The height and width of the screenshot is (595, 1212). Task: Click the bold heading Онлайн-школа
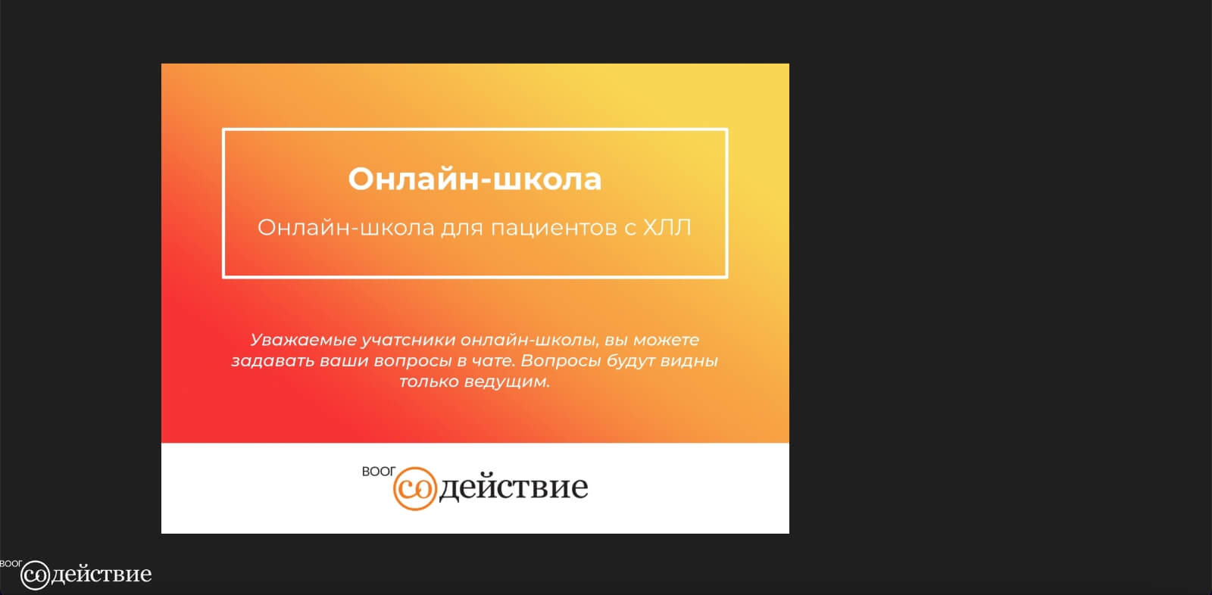(474, 179)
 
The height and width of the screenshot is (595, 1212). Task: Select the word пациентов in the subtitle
(554, 229)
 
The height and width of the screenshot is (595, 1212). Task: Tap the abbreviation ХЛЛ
(667, 228)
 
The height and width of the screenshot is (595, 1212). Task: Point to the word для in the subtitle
(461, 229)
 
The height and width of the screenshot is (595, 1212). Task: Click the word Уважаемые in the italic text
(303, 340)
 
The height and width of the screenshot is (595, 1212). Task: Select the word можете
(666, 340)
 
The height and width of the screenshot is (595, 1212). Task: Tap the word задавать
(273, 361)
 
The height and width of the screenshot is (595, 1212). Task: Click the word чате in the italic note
(492, 361)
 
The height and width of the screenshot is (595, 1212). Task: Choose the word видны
(689, 361)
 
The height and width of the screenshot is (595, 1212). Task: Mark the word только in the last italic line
(429, 382)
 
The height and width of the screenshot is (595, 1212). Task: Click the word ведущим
(507, 382)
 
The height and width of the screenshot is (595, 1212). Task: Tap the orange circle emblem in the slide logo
(414, 488)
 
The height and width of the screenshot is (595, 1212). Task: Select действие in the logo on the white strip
(513, 488)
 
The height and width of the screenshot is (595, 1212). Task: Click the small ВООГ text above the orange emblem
(379, 472)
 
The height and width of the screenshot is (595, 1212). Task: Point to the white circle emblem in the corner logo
(35, 575)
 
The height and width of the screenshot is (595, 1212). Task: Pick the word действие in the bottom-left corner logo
(102, 575)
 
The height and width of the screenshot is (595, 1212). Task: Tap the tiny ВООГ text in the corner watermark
(11, 564)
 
